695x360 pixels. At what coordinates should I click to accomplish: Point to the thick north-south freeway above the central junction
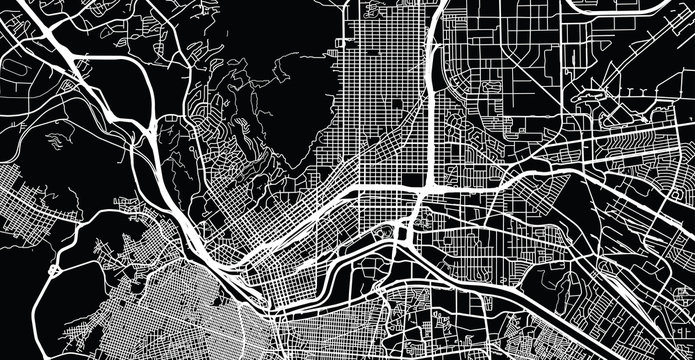click(x=430, y=100)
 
